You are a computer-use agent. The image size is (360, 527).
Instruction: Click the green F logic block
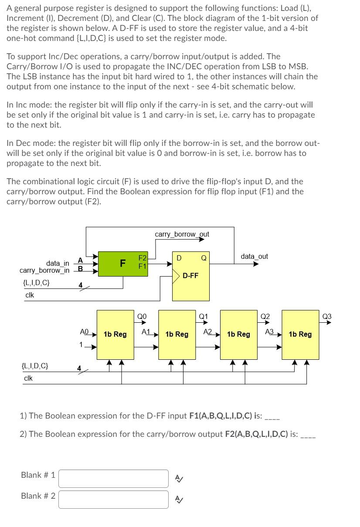pos(123,263)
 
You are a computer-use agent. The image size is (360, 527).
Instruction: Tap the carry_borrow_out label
pos(182,234)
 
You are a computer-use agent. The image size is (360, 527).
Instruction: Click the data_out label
pos(254,256)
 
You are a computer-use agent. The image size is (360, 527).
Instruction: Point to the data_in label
pos(58,263)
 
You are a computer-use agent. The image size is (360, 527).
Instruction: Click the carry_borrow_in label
pos(44,270)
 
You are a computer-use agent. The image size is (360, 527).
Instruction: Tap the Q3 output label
pos(327,316)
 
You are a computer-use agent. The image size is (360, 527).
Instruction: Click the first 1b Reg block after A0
pos(115,334)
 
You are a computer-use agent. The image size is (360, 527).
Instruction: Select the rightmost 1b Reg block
pos(300,334)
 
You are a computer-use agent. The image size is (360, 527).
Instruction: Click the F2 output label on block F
pos(142,258)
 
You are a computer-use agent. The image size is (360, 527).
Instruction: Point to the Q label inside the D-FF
pos(204,258)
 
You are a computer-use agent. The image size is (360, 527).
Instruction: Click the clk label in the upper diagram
pos(30,295)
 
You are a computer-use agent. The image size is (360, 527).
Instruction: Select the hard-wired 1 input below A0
pos(81,345)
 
